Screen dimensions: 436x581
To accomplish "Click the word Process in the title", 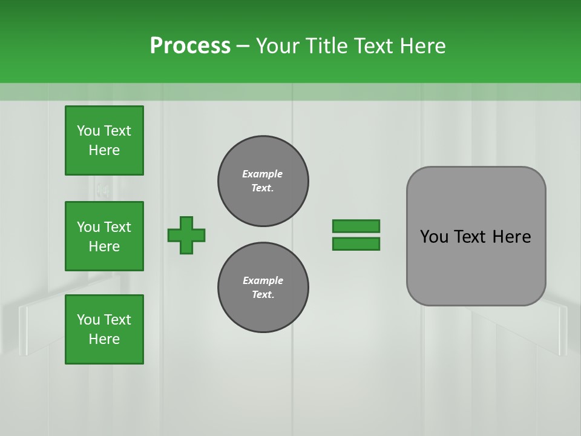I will click(x=190, y=45).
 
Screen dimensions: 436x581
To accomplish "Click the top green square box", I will click(x=104, y=140).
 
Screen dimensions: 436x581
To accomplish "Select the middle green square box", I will click(x=104, y=236).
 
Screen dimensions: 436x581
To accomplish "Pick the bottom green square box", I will click(x=104, y=329).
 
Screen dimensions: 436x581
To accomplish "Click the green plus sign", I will click(x=186, y=235).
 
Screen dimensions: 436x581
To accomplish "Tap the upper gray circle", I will click(x=263, y=181).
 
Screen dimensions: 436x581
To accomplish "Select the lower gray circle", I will click(x=263, y=288).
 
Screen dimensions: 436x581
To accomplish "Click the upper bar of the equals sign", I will click(x=356, y=226).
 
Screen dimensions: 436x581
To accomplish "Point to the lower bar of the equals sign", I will click(x=356, y=243).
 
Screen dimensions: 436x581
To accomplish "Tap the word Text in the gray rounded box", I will click(x=471, y=237).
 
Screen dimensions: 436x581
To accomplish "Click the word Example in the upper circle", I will click(x=263, y=174).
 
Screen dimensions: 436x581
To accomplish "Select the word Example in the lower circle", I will click(x=263, y=280).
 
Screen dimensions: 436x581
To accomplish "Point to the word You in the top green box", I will click(x=88, y=131).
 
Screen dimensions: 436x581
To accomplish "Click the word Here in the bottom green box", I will click(x=104, y=339).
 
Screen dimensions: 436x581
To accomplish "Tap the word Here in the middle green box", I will click(x=104, y=246).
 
